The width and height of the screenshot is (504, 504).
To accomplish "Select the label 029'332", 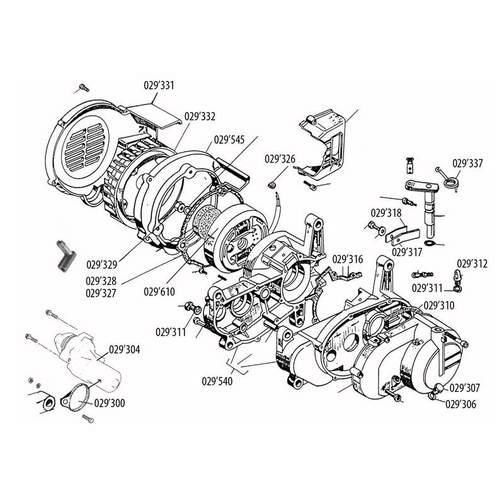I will pos(200,117).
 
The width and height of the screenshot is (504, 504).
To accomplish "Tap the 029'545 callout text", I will pos(229,140).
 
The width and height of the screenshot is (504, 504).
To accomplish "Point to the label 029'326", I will pos(280,159).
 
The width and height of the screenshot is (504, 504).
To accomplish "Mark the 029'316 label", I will pos(347,259).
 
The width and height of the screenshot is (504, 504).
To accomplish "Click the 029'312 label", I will pos(472,263).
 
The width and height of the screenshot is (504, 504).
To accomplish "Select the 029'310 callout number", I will pos(438,306).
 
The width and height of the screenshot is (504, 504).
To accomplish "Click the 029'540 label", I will pos(217,381).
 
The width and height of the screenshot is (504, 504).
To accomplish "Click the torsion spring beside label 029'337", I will pos(448,181).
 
